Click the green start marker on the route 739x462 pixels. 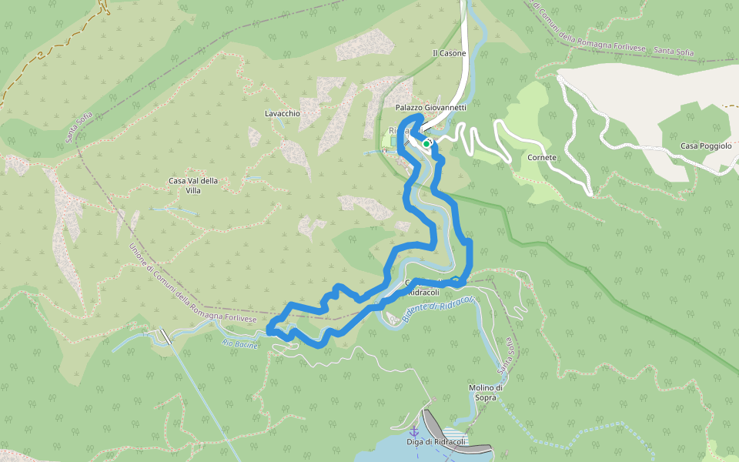click(x=426, y=143)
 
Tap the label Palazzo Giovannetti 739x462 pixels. click(x=430, y=107)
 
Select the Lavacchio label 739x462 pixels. click(x=282, y=113)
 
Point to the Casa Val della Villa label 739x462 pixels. click(x=193, y=186)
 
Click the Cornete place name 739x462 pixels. click(x=542, y=157)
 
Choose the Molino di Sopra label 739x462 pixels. click(x=485, y=393)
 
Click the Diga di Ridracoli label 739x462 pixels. click(x=436, y=441)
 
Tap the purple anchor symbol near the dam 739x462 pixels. click(x=414, y=432)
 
